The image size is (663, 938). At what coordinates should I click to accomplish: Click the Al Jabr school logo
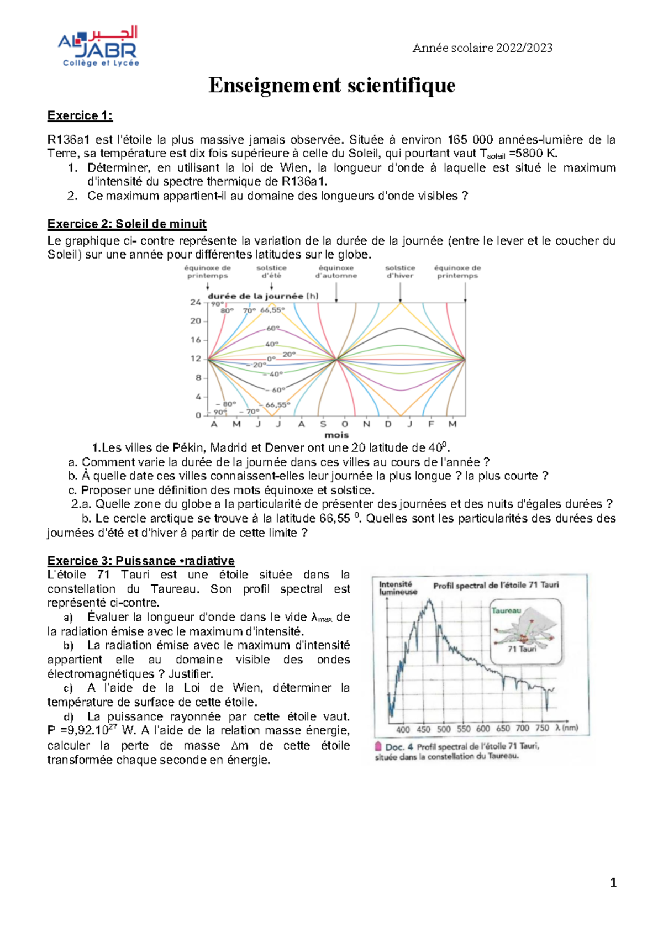point(98,47)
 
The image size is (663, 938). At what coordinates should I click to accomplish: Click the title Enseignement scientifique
point(331,86)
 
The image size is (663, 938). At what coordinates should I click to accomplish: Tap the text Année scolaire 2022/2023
point(482,48)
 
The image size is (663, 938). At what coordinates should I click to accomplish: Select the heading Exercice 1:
point(80,115)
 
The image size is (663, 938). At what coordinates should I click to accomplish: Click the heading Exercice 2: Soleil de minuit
point(127,224)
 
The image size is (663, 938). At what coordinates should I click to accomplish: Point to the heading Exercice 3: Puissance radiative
point(140,561)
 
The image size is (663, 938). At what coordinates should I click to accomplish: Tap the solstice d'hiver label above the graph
point(400,271)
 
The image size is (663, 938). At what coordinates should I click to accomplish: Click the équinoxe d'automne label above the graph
point(336,271)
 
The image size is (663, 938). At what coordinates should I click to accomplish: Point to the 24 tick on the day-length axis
point(196,302)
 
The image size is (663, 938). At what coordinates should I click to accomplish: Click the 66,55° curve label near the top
point(272,310)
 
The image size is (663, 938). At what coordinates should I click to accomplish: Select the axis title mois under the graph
point(336,435)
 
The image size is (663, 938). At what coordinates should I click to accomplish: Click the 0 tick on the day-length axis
point(198,415)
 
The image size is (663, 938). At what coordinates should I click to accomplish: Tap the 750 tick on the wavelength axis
point(542,728)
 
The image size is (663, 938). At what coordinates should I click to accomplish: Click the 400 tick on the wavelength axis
point(403,729)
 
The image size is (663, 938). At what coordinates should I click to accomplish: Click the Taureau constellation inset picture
point(525,631)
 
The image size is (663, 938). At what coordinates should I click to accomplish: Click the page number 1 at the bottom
point(613,883)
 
